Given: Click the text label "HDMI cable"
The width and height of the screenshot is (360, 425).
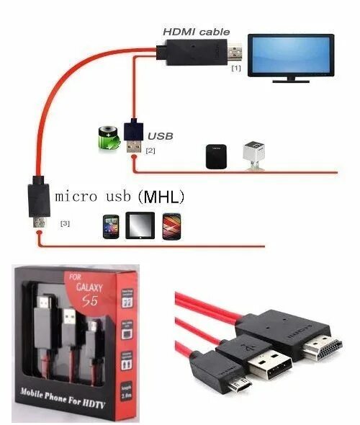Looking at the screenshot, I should (196, 31).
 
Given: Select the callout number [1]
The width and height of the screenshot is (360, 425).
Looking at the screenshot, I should (235, 69).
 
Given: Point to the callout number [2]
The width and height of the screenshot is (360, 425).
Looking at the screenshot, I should (150, 151).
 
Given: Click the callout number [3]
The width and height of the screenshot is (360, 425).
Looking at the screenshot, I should (66, 223).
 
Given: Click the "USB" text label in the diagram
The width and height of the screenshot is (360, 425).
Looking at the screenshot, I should (161, 135).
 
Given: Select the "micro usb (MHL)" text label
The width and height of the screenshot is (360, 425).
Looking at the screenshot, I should (120, 196).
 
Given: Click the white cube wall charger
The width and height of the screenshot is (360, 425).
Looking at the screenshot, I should (253, 153).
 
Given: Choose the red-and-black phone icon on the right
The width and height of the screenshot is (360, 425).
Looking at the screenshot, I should (170, 225).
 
